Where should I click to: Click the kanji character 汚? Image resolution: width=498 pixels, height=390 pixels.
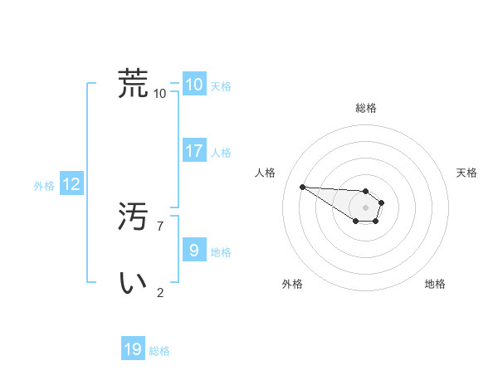(x=134, y=217)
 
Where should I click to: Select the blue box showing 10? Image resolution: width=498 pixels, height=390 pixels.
(x=194, y=85)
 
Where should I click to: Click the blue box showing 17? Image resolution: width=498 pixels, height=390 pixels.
(x=194, y=151)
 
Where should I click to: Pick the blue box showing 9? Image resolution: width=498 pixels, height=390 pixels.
(x=194, y=250)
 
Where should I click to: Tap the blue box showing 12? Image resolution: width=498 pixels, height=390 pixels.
(x=71, y=185)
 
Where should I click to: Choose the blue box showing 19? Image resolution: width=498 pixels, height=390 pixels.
(x=133, y=349)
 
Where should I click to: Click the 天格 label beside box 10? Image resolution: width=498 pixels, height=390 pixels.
(x=221, y=86)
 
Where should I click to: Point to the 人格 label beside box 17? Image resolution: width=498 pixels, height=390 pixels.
(x=221, y=153)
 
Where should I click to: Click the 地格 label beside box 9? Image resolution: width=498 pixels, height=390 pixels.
(x=221, y=252)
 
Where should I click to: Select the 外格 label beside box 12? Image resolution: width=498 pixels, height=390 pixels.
(x=44, y=187)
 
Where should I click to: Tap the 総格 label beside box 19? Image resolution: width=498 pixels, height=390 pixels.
(x=159, y=351)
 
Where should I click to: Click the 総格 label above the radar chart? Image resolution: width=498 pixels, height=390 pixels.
(x=366, y=108)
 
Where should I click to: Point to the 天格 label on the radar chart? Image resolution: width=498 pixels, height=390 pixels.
(x=466, y=173)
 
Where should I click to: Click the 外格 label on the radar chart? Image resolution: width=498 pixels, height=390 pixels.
(x=292, y=284)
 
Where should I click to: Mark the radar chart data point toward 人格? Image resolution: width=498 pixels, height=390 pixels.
(x=302, y=187)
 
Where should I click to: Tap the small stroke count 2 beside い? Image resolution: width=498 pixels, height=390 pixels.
(x=160, y=292)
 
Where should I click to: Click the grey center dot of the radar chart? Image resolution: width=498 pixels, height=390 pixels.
(x=366, y=207)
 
